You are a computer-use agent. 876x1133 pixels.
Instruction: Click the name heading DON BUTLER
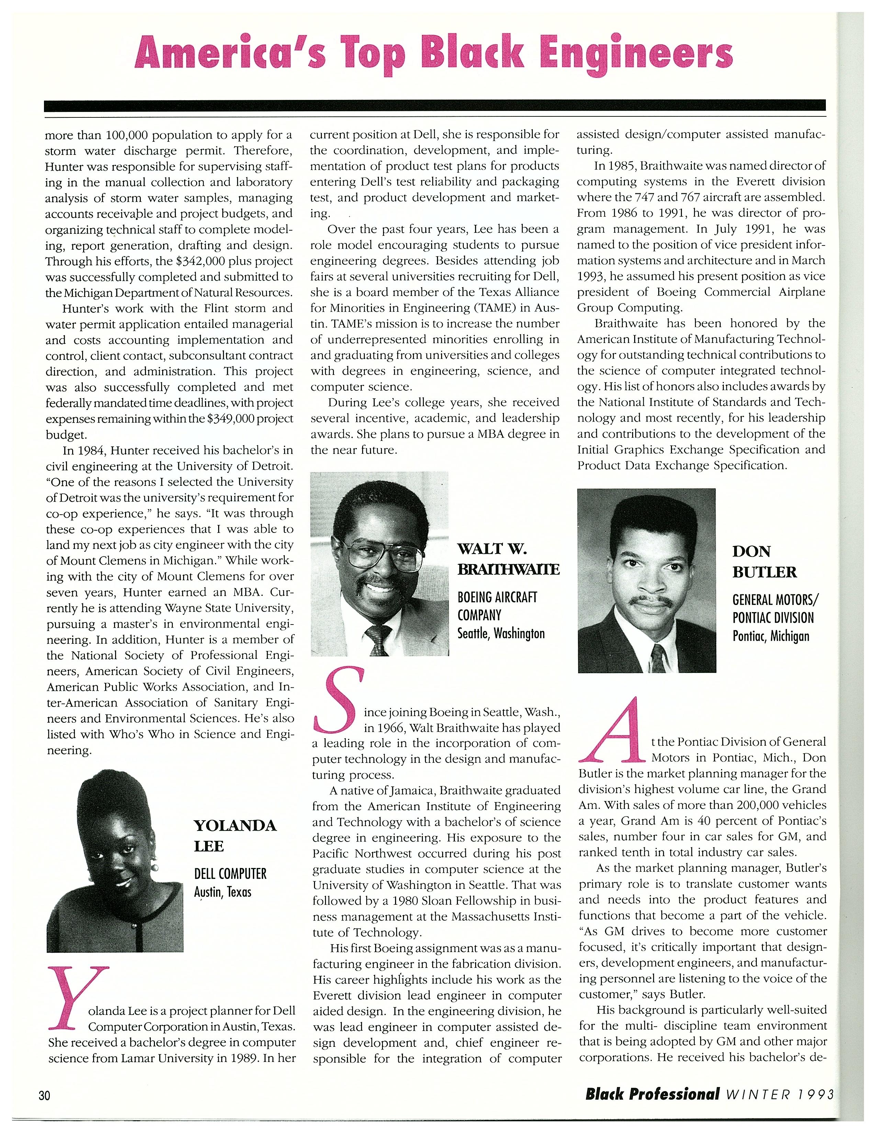(764, 561)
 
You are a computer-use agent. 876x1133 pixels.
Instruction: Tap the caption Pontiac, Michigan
(771, 636)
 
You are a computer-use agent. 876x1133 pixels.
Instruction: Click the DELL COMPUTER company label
(230, 874)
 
